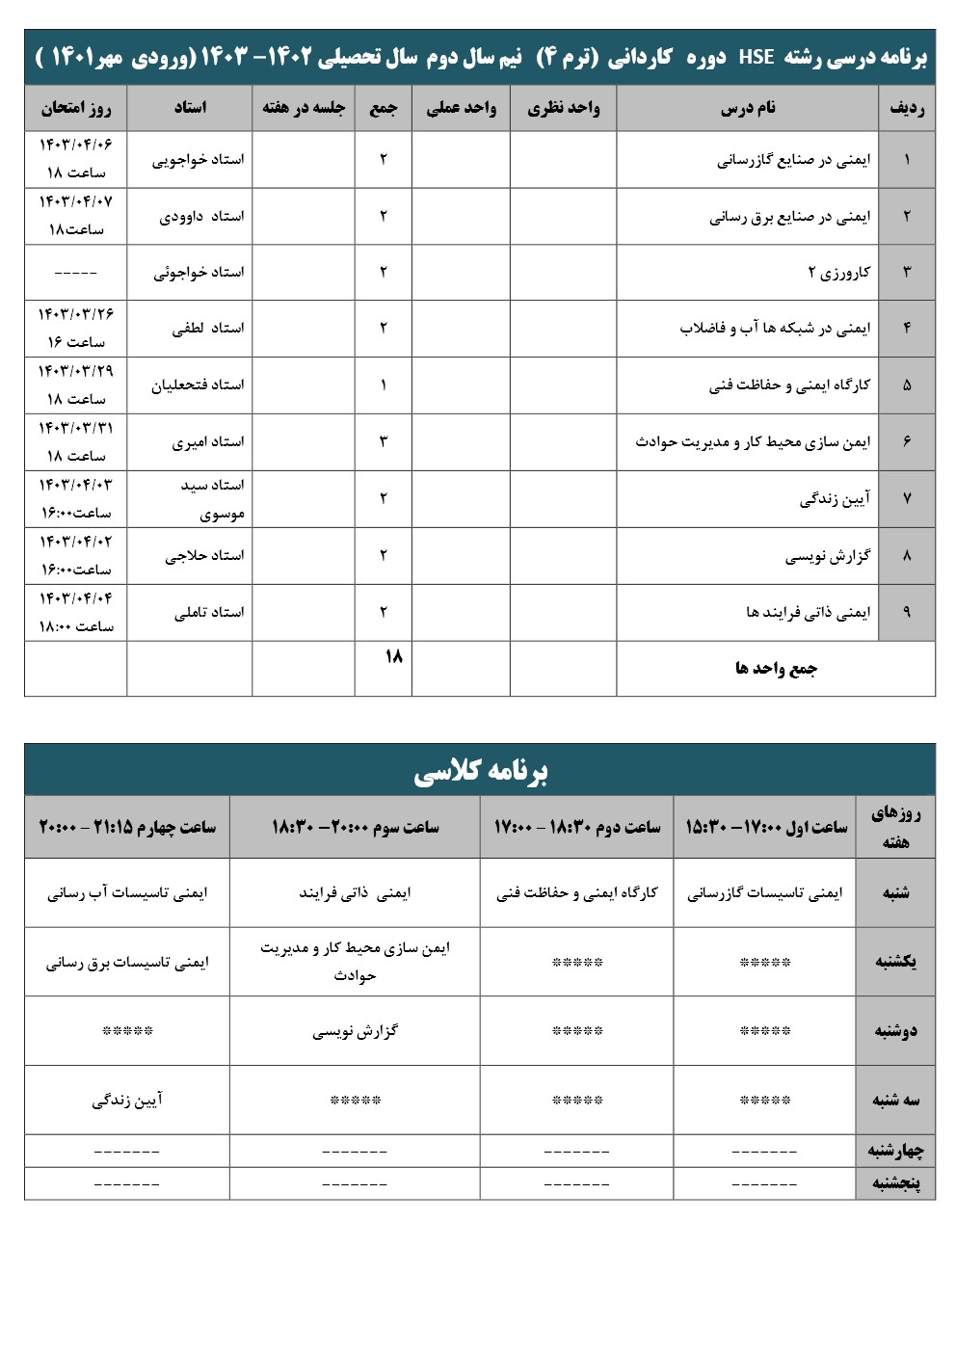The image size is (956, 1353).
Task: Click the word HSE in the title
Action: (757, 57)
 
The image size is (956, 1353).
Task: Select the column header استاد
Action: (190, 108)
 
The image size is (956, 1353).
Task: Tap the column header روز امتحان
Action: (75, 108)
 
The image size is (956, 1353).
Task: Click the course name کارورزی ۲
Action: (838, 272)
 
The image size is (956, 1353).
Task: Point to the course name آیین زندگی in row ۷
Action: (835, 498)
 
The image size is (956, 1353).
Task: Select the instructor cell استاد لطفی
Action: (208, 329)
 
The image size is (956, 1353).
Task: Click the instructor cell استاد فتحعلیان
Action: (198, 385)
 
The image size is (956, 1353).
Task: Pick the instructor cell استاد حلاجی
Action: (204, 555)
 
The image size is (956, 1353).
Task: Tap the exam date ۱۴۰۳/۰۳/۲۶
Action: (75, 314)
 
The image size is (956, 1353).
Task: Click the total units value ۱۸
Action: (393, 657)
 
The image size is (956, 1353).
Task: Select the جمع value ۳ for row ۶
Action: (383, 441)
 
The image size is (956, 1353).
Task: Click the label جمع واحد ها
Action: (776, 668)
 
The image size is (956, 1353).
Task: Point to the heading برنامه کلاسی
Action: (480, 771)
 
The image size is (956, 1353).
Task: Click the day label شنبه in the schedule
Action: (895, 893)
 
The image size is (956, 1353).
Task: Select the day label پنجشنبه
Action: (895, 1183)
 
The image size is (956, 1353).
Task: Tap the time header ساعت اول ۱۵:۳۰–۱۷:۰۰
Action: (766, 827)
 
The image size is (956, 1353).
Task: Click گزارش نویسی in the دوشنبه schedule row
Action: (355, 1031)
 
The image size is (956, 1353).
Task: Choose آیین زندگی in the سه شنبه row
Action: (127, 1100)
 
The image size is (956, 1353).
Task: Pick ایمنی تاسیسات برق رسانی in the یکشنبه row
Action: (127, 962)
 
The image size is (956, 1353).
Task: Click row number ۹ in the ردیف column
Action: (906, 612)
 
